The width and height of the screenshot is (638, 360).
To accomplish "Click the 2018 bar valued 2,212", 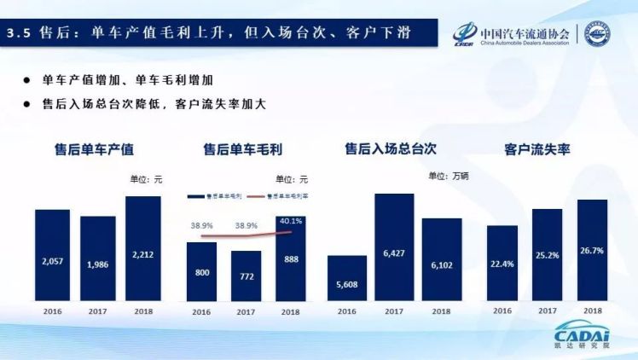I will [142, 248].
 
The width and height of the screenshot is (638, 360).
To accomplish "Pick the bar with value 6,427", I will [394, 247].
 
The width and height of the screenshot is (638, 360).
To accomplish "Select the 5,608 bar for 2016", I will [346, 278].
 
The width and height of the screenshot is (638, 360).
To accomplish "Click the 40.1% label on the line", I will [292, 220].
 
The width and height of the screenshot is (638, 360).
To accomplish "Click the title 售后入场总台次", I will [390, 148].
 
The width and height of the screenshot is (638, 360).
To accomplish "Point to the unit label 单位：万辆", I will [449, 176].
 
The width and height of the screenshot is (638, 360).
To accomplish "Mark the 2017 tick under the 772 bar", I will [246, 312].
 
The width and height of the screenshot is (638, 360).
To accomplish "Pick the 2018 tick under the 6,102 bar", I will [441, 312].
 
